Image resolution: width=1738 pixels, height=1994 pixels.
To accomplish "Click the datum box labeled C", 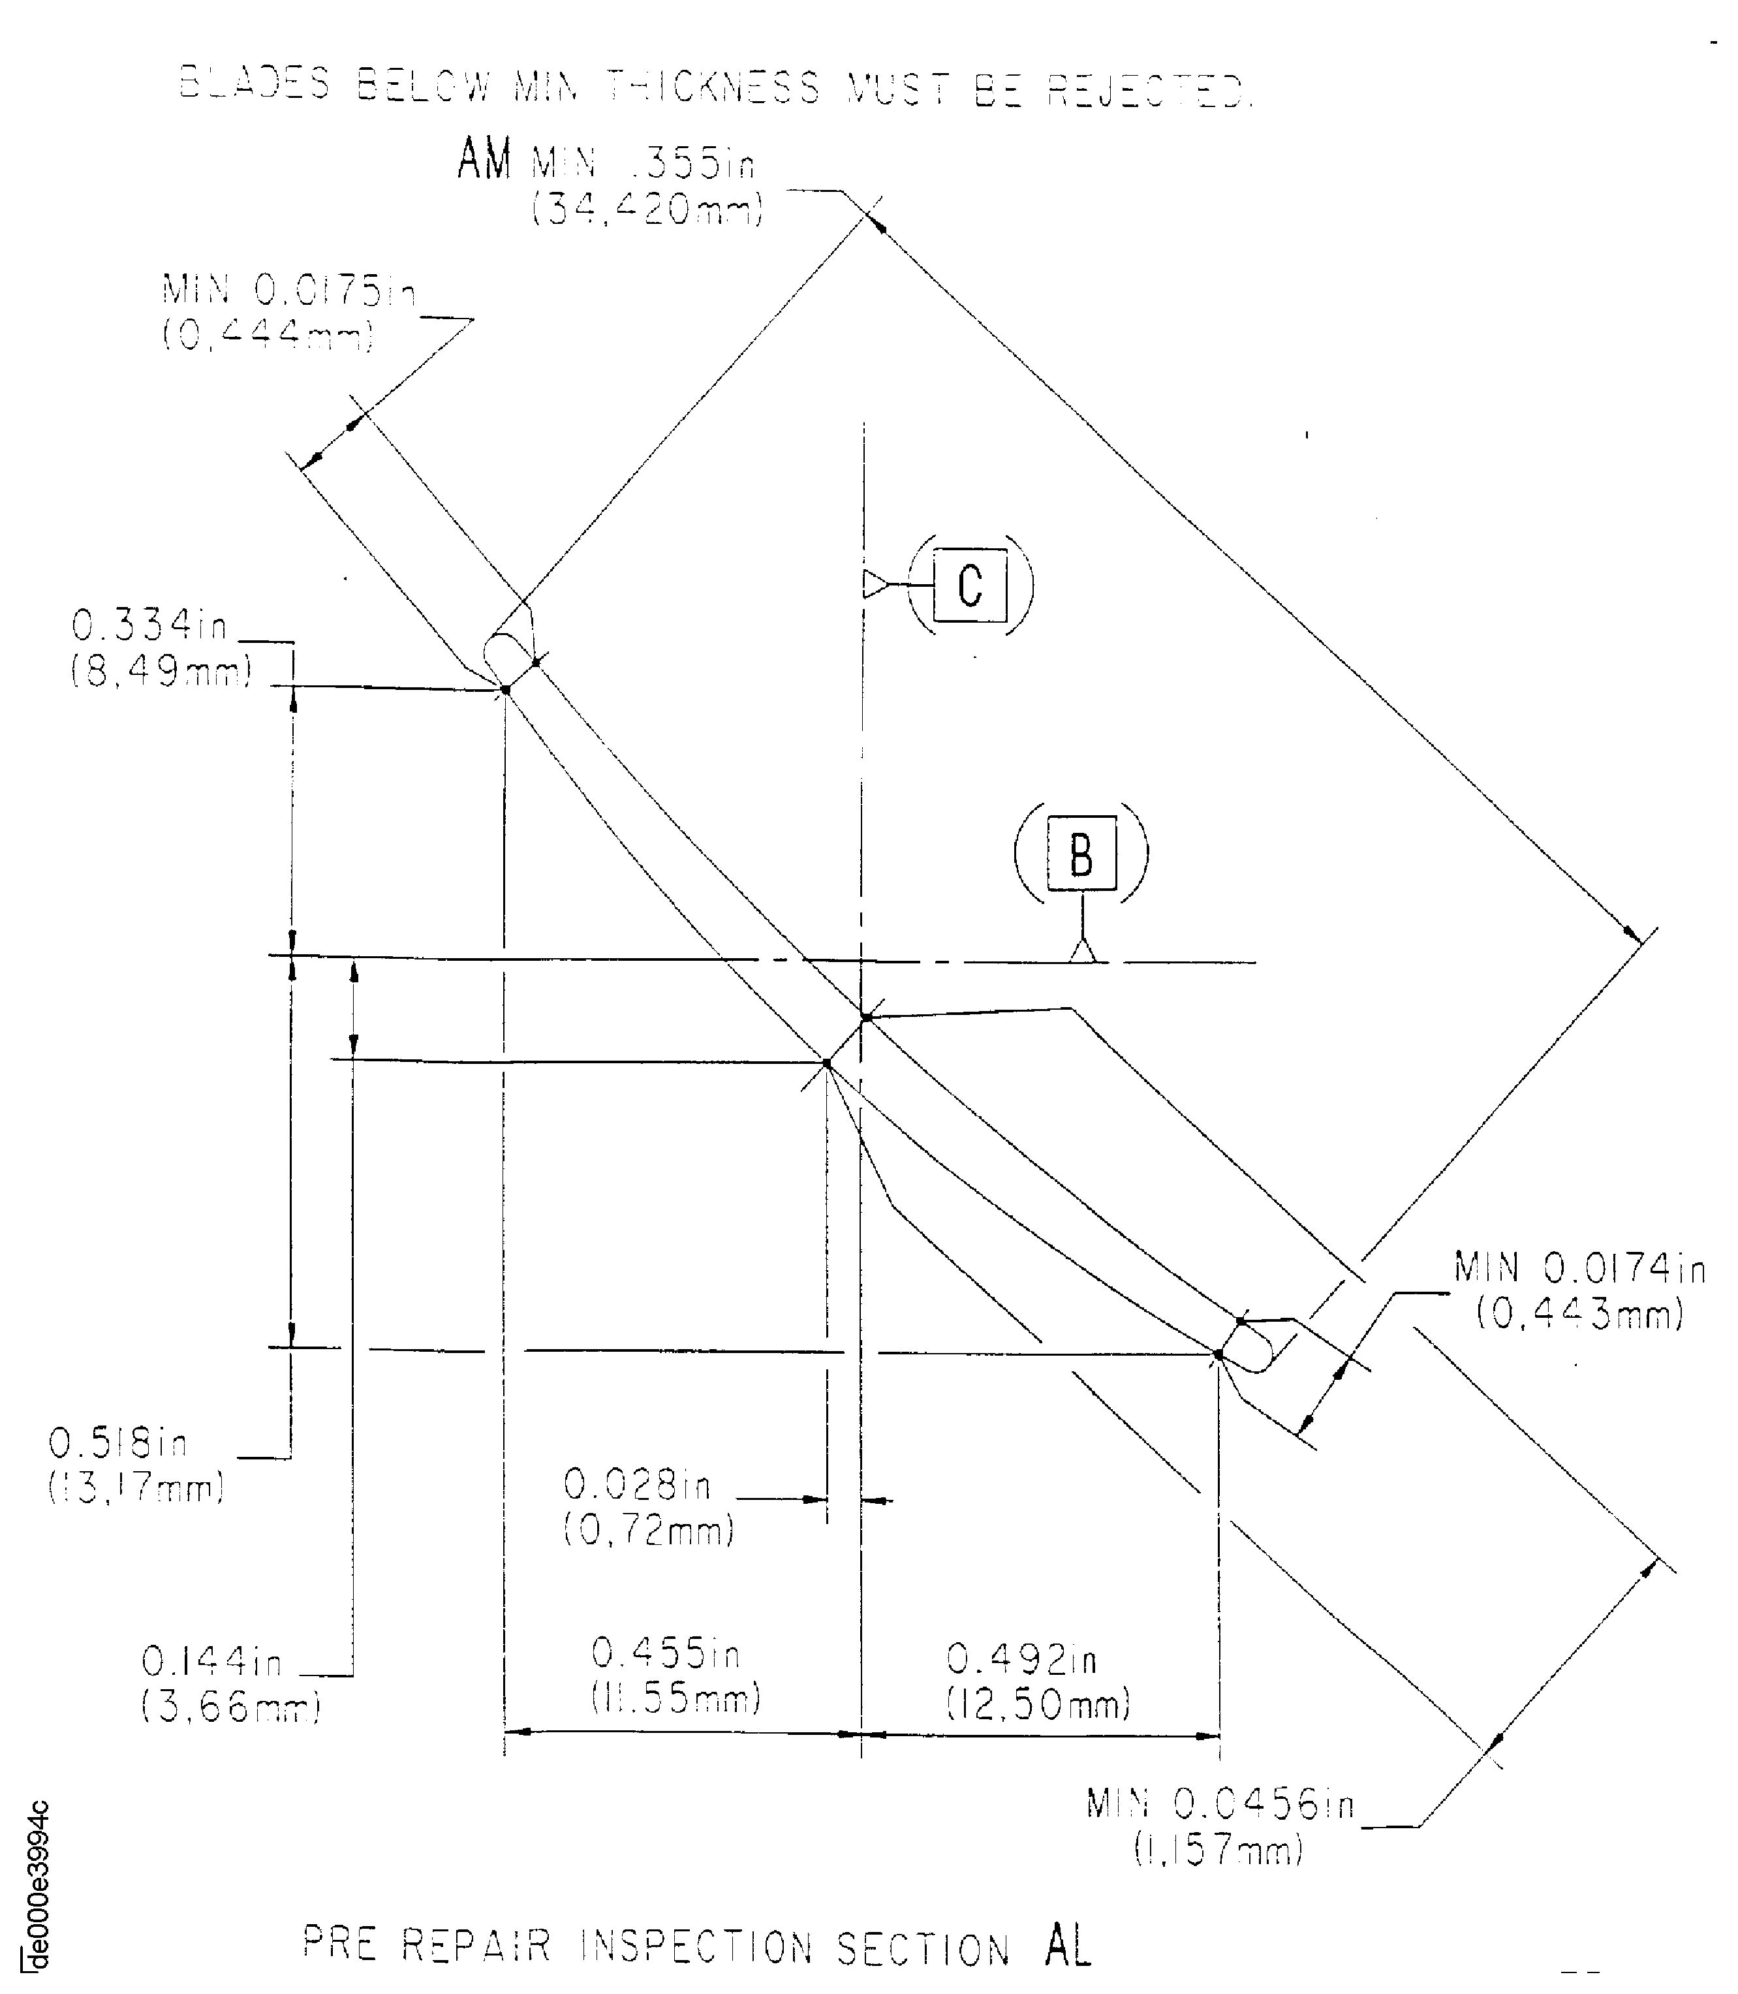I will (970, 585).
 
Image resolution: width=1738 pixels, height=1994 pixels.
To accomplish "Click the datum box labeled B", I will (1081, 854).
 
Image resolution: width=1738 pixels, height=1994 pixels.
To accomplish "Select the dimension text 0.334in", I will (149, 627).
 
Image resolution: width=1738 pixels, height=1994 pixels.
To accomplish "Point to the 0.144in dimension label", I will (211, 1662).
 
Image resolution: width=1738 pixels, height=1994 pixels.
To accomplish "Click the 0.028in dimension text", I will (637, 1485).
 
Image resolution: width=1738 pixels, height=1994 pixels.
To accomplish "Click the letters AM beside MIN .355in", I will (484, 158).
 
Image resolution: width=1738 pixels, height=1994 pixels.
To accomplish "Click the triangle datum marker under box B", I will (1082, 950).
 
